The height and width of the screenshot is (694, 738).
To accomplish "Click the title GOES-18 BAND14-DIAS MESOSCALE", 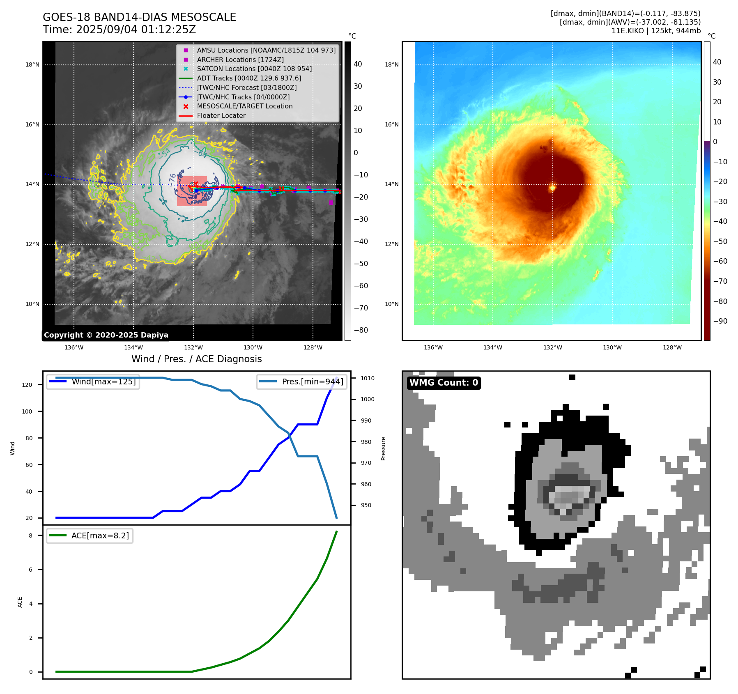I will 139,17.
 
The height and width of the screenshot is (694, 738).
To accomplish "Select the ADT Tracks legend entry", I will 249,78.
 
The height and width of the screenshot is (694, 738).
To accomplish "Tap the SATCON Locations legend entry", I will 254,69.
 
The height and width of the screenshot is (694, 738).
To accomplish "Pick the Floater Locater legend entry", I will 221,115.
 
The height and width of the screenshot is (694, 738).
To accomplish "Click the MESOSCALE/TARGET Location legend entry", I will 245,106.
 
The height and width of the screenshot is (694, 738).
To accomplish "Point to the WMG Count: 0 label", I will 444,383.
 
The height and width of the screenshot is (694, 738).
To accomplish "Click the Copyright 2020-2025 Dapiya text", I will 106,335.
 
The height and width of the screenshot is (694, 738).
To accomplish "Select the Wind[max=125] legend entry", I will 103,381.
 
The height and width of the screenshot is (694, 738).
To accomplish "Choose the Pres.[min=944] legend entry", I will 312,381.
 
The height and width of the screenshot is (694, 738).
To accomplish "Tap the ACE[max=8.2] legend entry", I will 100,535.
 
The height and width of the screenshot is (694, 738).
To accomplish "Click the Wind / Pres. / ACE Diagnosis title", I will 196,359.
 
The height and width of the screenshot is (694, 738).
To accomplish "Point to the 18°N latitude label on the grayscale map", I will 32,64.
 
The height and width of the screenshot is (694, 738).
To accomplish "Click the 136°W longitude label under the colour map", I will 433,347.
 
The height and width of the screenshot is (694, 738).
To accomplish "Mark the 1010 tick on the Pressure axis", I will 368,378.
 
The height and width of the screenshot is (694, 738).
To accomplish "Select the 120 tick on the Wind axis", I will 27,385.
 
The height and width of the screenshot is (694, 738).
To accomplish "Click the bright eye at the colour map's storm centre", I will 552,188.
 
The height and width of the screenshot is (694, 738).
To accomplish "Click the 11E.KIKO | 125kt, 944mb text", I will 656,31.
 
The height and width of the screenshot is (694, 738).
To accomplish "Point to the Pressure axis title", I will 383,448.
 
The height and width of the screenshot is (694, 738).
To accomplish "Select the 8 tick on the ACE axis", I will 31,535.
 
